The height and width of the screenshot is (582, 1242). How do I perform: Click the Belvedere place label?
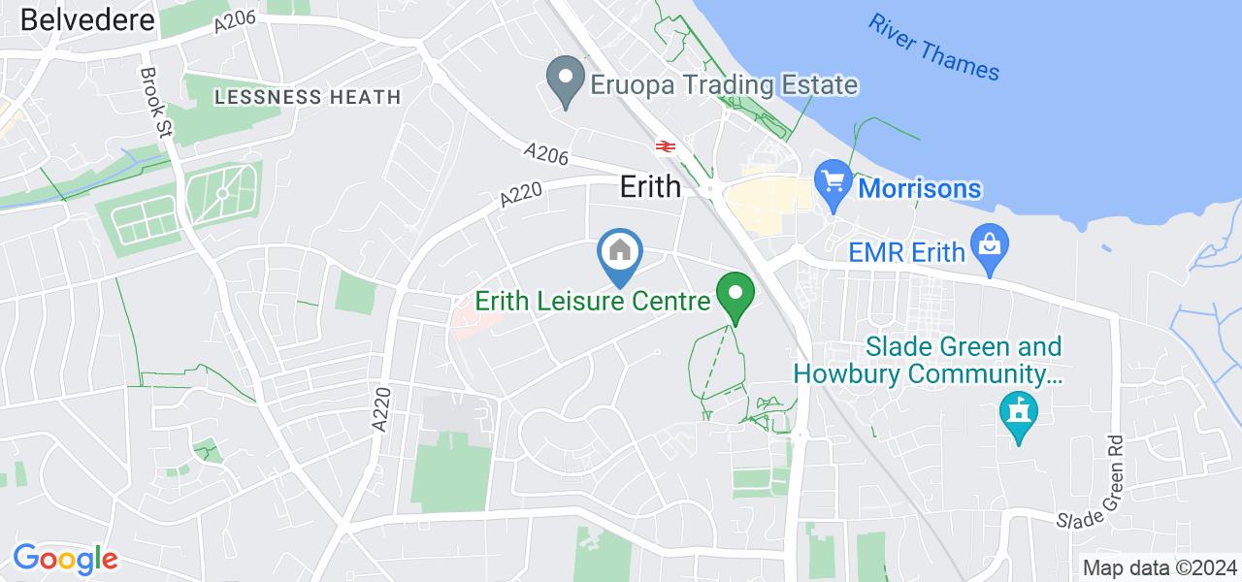[86, 19]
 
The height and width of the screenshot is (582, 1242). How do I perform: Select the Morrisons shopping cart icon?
[833, 180]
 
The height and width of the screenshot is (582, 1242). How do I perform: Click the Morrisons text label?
[919, 188]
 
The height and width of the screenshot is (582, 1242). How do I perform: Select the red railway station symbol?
[666, 145]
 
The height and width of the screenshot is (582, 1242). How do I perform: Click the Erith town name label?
[651, 186]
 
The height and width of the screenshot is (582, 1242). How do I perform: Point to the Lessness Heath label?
[308, 97]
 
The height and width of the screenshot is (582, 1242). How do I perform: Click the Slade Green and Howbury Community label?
[928, 360]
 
